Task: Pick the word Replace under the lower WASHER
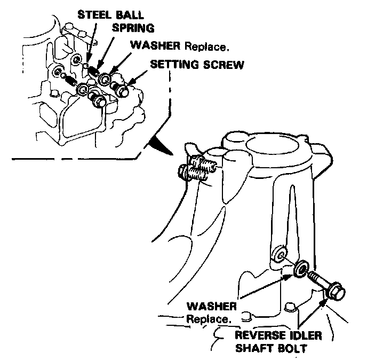click(209, 319)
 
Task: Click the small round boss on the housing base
click(290, 307)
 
